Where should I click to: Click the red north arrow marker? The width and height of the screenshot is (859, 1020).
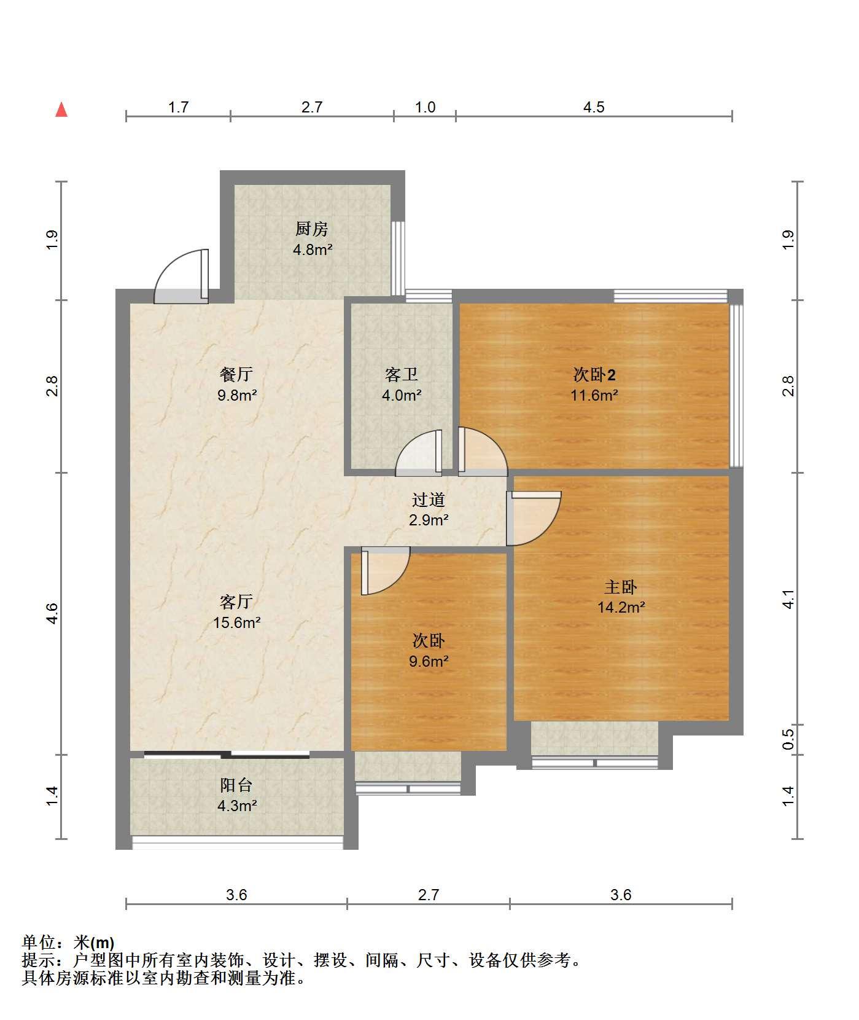pyautogui.click(x=61, y=109)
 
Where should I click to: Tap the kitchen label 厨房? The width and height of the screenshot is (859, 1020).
pyautogui.click(x=312, y=229)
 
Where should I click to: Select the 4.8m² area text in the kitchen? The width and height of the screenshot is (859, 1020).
pyautogui.click(x=312, y=250)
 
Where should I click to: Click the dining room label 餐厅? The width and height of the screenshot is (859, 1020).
pyautogui.click(x=236, y=374)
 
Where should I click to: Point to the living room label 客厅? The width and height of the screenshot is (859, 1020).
pyautogui.click(x=236, y=602)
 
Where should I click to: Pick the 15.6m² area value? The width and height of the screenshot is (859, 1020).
pyautogui.click(x=237, y=622)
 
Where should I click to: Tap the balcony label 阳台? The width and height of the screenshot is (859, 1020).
pyautogui.click(x=236, y=785)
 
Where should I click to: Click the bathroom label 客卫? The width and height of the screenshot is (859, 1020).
pyautogui.click(x=402, y=374)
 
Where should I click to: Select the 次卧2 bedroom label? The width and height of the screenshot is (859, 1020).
pyautogui.click(x=594, y=374)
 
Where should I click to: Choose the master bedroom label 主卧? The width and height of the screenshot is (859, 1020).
pyautogui.click(x=621, y=587)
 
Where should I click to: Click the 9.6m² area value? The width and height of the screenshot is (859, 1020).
pyautogui.click(x=429, y=662)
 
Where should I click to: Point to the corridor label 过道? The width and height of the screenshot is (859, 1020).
pyautogui.click(x=429, y=500)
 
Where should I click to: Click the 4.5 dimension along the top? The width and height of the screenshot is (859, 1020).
pyautogui.click(x=594, y=108)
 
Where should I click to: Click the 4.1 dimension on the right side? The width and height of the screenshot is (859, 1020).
pyautogui.click(x=789, y=599)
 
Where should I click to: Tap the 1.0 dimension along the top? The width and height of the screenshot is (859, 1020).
pyautogui.click(x=425, y=108)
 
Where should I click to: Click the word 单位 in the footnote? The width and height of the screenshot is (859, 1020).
pyautogui.click(x=38, y=942)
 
